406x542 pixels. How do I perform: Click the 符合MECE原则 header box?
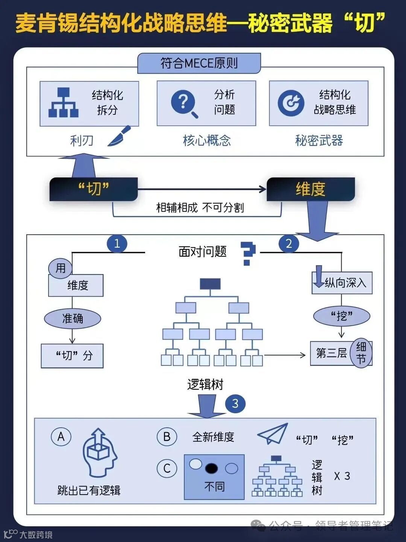(x=199, y=63)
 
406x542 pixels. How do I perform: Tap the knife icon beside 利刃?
(x=120, y=136)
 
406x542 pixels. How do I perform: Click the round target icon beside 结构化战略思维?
(x=291, y=103)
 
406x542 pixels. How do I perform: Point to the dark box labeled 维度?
(x=311, y=189)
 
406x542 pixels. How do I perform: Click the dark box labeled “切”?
(x=93, y=189)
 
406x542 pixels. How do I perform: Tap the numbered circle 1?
(x=117, y=244)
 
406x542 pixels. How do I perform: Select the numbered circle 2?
(x=289, y=244)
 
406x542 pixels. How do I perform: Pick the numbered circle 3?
(x=235, y=403)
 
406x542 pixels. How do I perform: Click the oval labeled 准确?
(x=73, y=319)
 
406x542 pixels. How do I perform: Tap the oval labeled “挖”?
(x=342, y=316)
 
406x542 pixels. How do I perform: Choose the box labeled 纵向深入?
(x=342, y=283)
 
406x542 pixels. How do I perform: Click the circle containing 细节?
(x=361, y=353)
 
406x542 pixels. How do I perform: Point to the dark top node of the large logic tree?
(x=210, y=284)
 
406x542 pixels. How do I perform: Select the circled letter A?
(x=61, y=437)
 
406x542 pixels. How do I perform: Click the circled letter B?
(x=167, y=437)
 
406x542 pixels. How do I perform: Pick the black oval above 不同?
(x=211, y=468)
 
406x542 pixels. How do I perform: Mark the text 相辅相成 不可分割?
(x=200, y=207)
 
